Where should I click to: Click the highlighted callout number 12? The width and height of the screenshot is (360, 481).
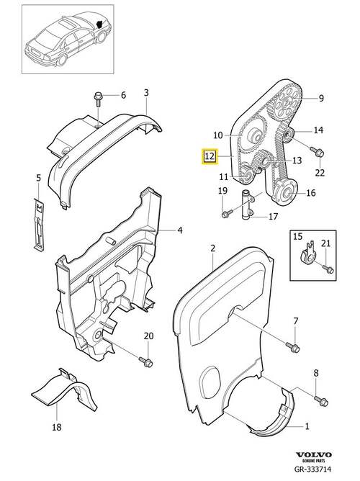tap(209, 156)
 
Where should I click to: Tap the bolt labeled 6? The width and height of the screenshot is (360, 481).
tap(98, 99)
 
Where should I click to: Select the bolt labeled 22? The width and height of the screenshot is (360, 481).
tap(317, 151)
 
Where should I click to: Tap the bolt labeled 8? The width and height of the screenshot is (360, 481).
tap(321, 400)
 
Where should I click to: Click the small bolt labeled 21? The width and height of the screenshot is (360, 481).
tap(328, 269)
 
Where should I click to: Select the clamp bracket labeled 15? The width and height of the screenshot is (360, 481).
tap(307, 254)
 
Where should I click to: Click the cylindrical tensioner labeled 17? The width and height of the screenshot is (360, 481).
tap(247, 204)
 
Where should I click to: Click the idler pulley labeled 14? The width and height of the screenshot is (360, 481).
tap(289, 135)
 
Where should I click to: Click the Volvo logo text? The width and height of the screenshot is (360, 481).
tap(314, 454)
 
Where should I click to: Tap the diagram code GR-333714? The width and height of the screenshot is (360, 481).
tap(312, 469)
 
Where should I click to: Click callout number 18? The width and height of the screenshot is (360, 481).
tap(57, 427)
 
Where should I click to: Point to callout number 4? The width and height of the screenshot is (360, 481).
tap(180, 230)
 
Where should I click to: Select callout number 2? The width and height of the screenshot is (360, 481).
tap(213, 248)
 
